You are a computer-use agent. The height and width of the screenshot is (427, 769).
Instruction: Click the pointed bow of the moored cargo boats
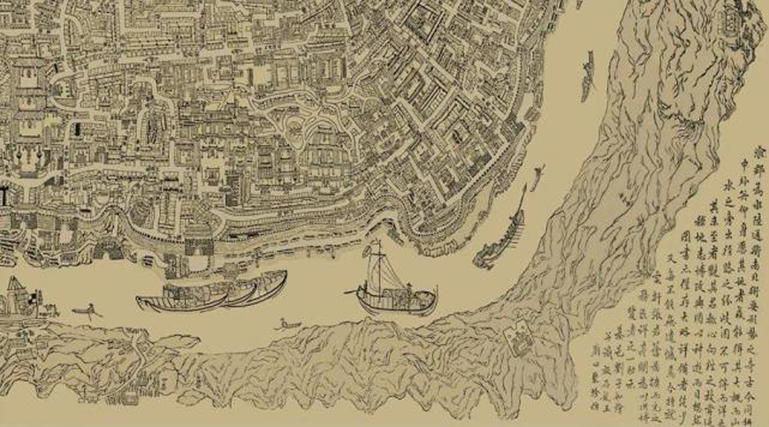coord(141,301)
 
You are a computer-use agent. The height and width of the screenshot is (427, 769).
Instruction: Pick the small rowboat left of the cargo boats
coord(86,311)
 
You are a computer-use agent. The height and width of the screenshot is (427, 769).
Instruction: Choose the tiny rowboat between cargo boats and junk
coord(286,325)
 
